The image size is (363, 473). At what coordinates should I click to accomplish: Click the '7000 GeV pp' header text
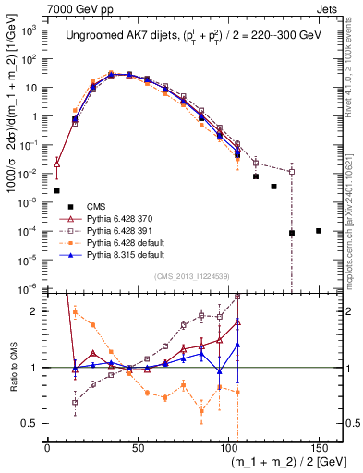click(x=36, y=7)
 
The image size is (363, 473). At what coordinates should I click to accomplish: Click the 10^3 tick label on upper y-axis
click(x=30, y=30)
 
